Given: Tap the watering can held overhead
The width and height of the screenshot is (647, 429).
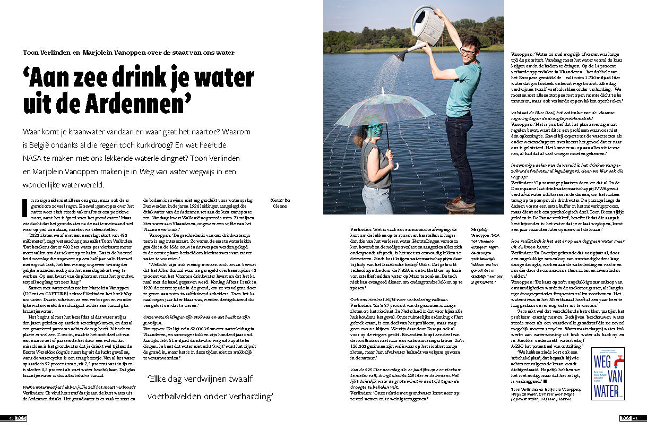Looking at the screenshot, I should tap(427, 27).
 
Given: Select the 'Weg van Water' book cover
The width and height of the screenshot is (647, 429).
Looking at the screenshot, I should tap(608, 374).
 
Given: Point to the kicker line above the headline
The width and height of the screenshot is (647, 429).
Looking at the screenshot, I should tap(128, 53).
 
